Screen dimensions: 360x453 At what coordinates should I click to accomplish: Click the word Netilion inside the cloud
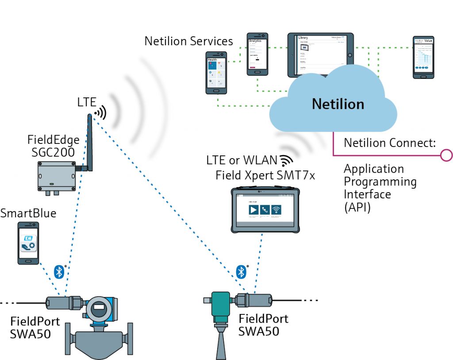(x=338, y=104)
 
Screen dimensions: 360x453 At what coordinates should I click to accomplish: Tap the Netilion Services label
(x=188, y=41)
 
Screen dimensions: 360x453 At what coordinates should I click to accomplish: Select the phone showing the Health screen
(x=216, y=73)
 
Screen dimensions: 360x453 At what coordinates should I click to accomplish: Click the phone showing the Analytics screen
(x=257, y=54)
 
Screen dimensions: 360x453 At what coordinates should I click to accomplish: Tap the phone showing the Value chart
(x=423, y=57)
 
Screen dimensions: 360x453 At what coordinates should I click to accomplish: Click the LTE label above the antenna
(x=87, y=102)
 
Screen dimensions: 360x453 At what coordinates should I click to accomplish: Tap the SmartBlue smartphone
(x=28, y=243)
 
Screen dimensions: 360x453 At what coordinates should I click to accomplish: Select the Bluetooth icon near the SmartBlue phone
(x=59, y=272)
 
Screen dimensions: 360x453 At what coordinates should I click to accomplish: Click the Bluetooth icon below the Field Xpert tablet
(x=241, y=271)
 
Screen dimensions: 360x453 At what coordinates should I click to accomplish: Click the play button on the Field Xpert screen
(x=253, y=209)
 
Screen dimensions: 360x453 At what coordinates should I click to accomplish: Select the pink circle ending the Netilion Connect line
(x=446, y=155)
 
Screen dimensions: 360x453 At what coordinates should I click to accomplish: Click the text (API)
(x=357, y=207)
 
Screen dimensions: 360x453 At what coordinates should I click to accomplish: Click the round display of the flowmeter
(x=100, y=308)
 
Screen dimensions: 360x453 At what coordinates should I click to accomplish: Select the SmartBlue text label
(x=28, y=213)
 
